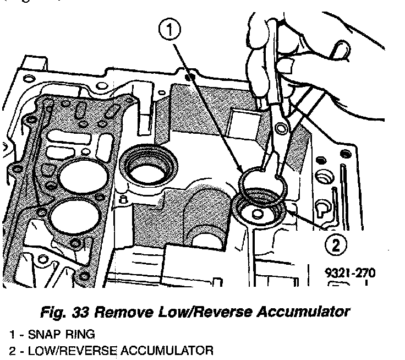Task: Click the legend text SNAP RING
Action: [x=58, y=335]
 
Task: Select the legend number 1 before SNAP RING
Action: [x=11, y=335]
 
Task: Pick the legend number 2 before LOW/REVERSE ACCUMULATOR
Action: [x=11, y=350]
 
